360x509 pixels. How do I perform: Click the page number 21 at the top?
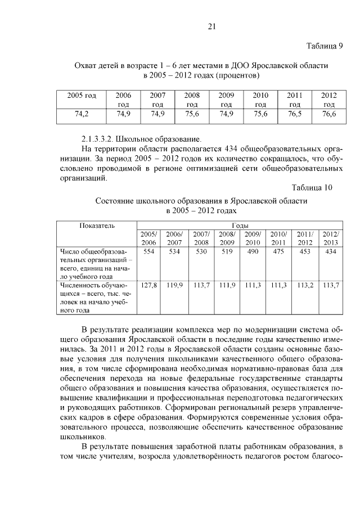point(212,26)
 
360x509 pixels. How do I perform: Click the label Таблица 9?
point(325,46)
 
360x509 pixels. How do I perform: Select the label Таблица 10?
point(313,187)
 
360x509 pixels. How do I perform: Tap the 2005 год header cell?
point(82,96)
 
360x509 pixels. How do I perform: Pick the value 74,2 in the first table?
point(82,114)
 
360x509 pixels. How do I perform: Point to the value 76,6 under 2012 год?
point(329,114)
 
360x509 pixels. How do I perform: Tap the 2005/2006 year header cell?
point(148,238)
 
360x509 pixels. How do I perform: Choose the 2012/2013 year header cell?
point(330,238)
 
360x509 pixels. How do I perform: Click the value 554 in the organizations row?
point(148,251)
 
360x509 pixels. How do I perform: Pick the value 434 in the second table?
point(330,251)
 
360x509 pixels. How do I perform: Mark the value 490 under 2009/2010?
point(253,251)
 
